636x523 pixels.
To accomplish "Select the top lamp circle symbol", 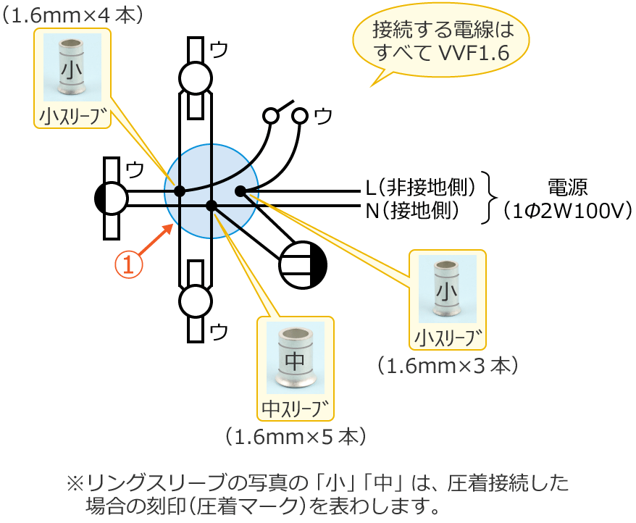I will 195,78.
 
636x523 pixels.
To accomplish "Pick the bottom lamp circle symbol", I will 195,301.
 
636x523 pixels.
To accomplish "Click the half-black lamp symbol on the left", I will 112,198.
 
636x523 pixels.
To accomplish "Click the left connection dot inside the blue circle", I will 180,192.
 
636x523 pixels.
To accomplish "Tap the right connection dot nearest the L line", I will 240,191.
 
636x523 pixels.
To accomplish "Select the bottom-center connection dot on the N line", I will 211,206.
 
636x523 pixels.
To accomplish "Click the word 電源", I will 567,187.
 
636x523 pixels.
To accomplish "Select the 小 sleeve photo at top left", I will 72,67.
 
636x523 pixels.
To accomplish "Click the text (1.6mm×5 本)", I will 296,437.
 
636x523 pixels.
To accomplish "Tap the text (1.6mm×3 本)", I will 447,365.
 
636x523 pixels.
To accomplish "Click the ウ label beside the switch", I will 324,115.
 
